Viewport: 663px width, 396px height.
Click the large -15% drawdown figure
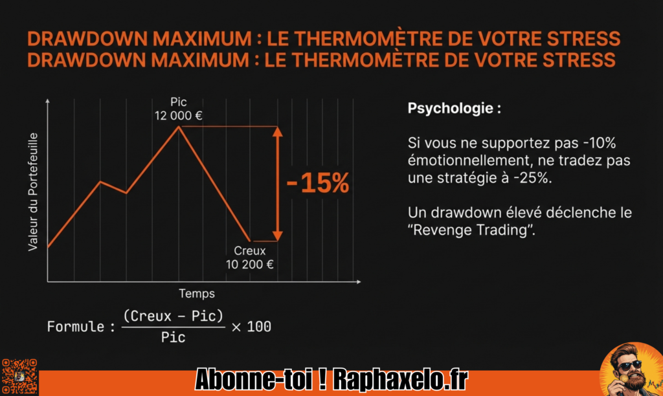(x=318, y=183)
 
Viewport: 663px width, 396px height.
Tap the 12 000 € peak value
(x=179, y=115)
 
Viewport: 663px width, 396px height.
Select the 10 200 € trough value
(x=249, y=265)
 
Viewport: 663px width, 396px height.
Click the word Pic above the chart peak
(x=179, y=102)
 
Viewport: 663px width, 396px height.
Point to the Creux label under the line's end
(x=249, y=250)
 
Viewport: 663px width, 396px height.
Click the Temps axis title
(x=197, y=294)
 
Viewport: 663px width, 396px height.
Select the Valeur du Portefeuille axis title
(x=33, y=192)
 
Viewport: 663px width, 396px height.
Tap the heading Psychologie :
(x=455, y=109)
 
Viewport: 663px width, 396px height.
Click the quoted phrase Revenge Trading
(x=471, y=230)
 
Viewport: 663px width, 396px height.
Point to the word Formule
(x=76, y=327)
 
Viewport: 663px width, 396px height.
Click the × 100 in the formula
(x=251, y=327)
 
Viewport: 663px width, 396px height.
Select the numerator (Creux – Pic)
(x=173, y=316)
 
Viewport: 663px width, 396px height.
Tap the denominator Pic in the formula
(x=173, y=337)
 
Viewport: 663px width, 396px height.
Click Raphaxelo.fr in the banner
(x=400, y=379)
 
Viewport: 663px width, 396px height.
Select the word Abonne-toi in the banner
(x=254, y=379)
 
